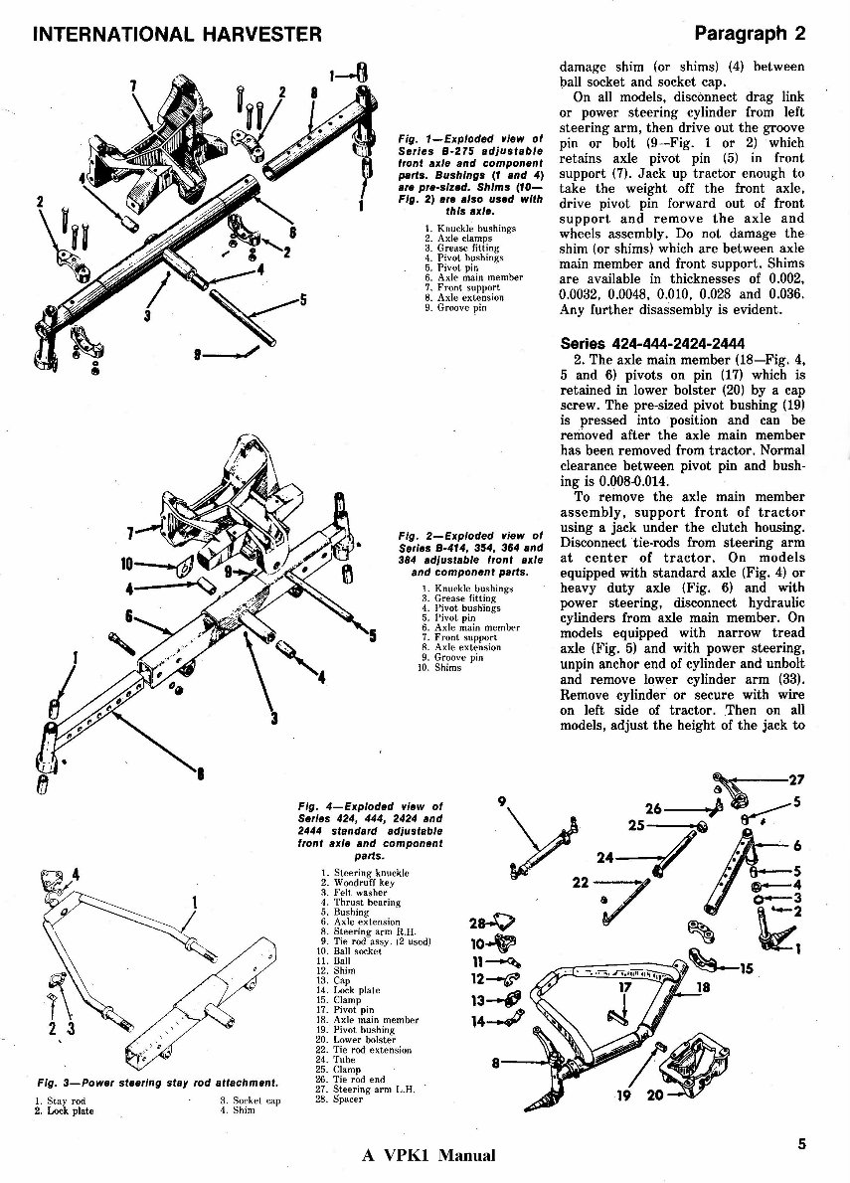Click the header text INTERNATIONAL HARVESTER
click(x=177, y=34)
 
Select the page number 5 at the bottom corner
click(x=801, y=1143)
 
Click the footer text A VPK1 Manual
click(x=429, y=1155)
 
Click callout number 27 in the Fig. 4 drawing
click(x=795, y=780)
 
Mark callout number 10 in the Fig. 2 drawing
click(x=126, y=564)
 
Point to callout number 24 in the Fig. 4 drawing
click(x=604, y=857)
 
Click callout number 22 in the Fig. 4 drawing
click(x=582, y=881)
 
